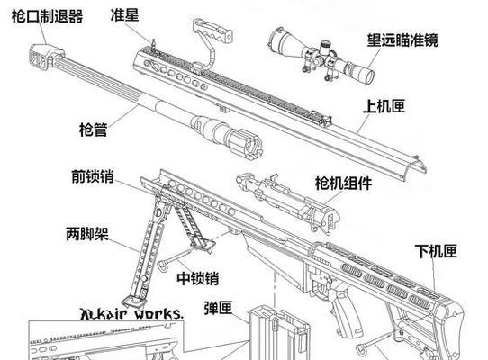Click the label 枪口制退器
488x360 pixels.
48,16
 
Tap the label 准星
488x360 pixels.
124,14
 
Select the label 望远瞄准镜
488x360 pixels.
402,40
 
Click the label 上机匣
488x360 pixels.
384,106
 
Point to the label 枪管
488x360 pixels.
94,129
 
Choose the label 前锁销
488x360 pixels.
93,176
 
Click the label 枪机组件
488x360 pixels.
343,183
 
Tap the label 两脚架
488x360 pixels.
87,234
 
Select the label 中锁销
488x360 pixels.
198,278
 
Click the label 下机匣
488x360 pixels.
436,251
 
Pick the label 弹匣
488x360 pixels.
218,308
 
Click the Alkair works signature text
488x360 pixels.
131,313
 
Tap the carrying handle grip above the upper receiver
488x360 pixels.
212,31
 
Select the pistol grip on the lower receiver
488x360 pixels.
346,311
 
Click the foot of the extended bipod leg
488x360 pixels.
134,301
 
